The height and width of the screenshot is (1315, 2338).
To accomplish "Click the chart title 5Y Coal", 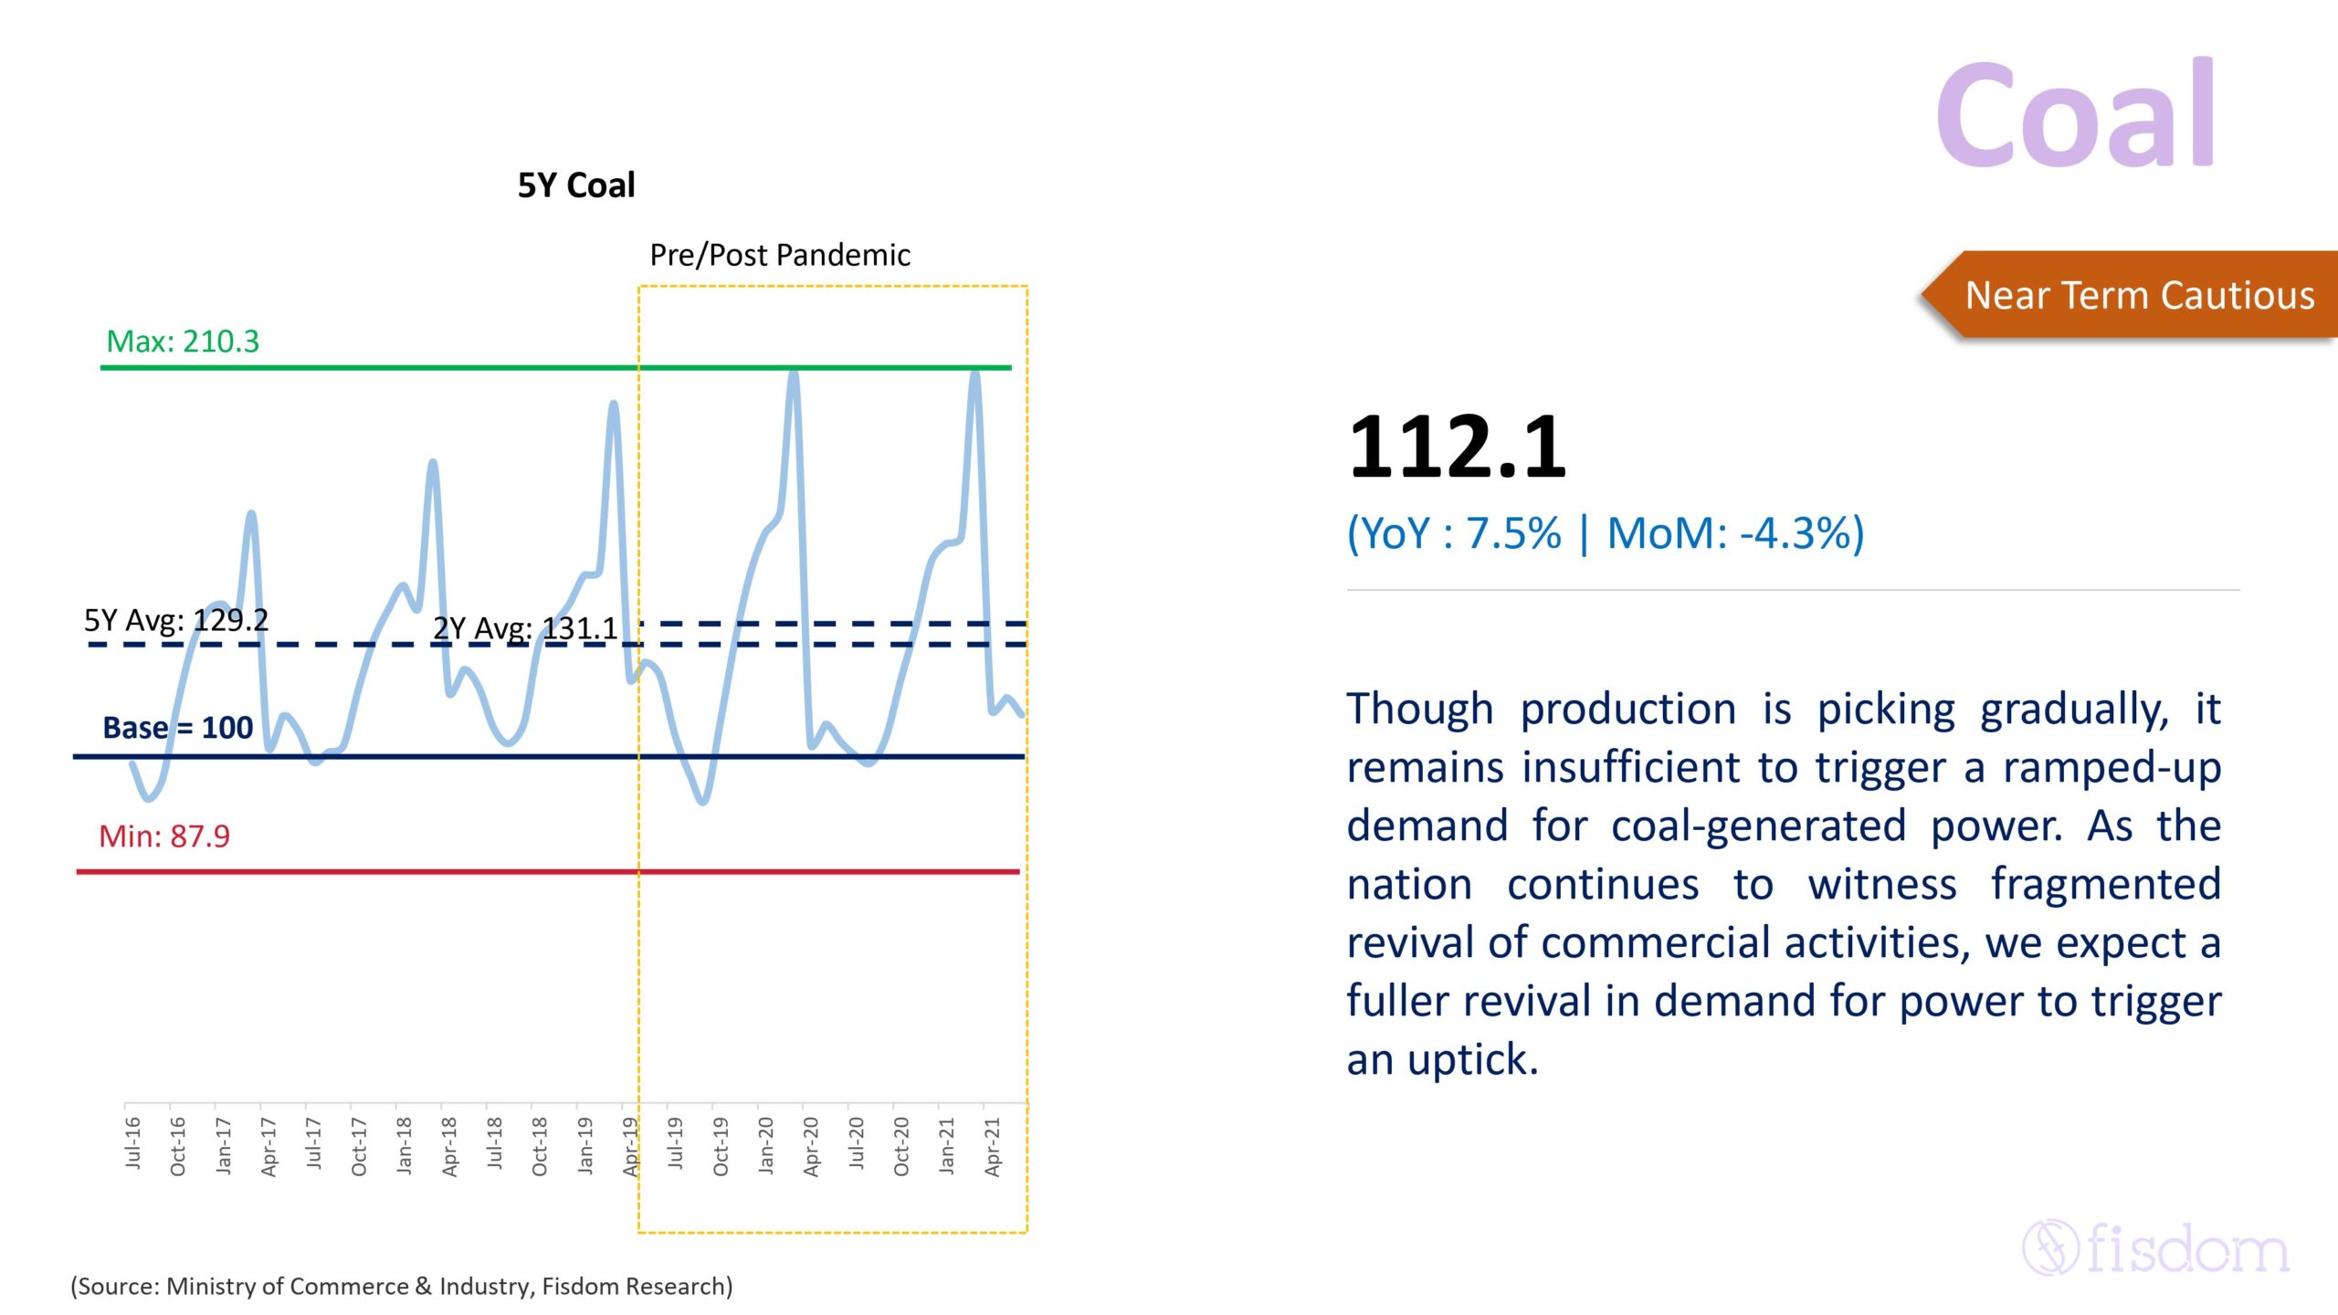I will coord(575,185).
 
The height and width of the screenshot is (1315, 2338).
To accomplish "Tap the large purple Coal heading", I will coord(2075,117).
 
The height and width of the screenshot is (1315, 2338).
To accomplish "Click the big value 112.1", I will coord(1457,447).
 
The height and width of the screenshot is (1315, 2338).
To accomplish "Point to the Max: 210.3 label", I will coord(183,342).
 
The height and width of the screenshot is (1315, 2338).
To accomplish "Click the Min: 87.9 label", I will coord(164,836).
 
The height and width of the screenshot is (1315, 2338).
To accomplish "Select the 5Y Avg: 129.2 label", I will coord(176,621).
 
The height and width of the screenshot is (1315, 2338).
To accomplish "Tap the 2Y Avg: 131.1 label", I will coord(525,628).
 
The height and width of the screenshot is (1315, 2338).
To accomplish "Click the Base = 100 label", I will coord(177,728).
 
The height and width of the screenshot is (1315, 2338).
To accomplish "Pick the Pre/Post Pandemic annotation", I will coord(779,255).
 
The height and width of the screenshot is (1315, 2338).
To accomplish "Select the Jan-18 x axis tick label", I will coord(405,1144).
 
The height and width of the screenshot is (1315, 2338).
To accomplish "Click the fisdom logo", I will coord(2155,1247).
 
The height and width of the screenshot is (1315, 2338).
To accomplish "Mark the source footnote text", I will coord(402,1286).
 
